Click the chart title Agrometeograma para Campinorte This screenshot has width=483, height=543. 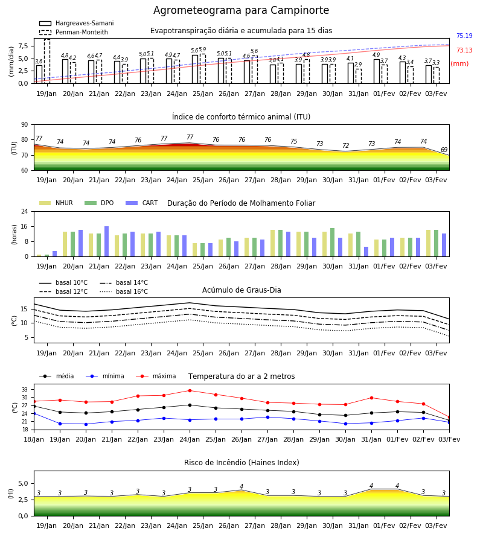[241, 10]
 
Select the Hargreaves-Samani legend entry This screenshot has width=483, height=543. [77, 23]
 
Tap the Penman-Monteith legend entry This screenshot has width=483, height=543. [74, 32]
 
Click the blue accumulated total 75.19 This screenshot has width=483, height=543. [464, 36]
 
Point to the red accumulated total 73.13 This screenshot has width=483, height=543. [464, 50]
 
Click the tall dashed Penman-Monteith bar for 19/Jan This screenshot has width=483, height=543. [47, 62]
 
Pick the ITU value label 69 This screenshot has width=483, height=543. [444, 150]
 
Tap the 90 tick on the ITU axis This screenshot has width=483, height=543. [25, 125]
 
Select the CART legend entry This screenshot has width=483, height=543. [141, 203]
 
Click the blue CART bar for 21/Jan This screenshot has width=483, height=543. [106, 241]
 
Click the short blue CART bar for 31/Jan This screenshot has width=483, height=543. [366, 252]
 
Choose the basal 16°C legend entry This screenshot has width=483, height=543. [124, 291]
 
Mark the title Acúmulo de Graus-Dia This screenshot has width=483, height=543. [241, 290]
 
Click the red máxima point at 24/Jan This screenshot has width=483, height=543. [190, 390]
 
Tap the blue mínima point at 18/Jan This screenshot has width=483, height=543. [34, 413]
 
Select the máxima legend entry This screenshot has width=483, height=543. [156, 376]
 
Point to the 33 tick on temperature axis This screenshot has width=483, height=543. [25, 390]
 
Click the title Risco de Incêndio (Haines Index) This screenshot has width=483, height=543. [241, 463]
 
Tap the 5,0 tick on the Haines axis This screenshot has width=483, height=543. [23, 483]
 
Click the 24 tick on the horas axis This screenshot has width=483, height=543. [25, 211]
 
